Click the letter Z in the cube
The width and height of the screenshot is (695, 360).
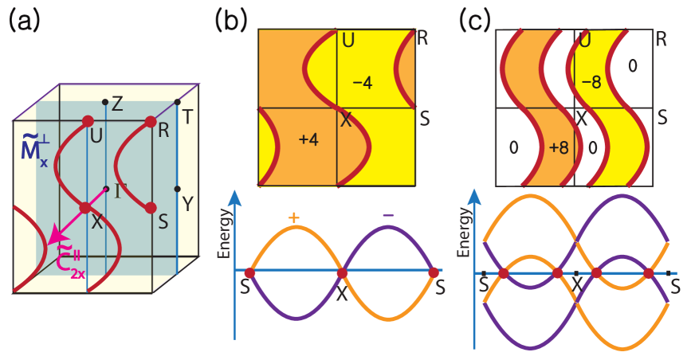pos(117,103)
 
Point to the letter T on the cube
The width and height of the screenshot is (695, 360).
pos(188,117)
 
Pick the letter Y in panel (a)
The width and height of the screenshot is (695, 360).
pos(187,205)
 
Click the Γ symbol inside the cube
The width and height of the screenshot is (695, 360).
pos(121,190)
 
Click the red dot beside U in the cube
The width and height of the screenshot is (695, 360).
pos(88,121)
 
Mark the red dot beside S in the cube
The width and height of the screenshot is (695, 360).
pos(150,208)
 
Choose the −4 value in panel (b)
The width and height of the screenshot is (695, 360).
pos(363,83)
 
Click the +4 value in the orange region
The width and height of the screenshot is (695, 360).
pos(308,139)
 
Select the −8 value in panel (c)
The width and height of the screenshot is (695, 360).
pos(591,81)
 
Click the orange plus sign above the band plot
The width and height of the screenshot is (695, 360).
pos(294,217)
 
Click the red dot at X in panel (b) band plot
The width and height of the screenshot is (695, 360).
pos(342,273)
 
